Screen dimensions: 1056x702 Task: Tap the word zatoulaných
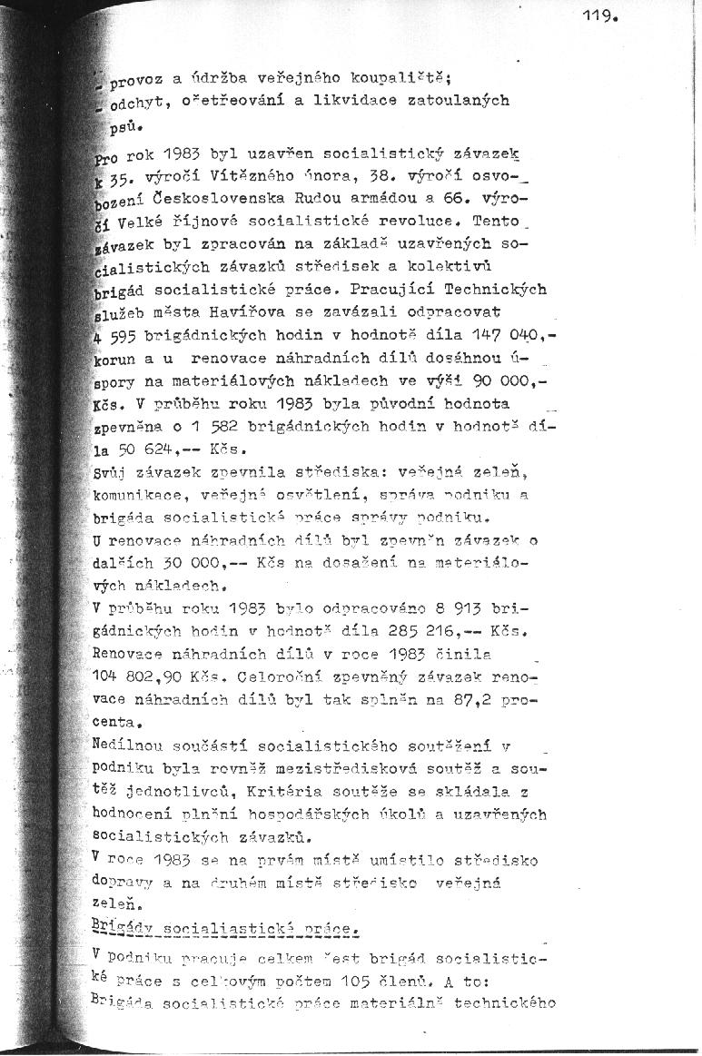tap(463, 99)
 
